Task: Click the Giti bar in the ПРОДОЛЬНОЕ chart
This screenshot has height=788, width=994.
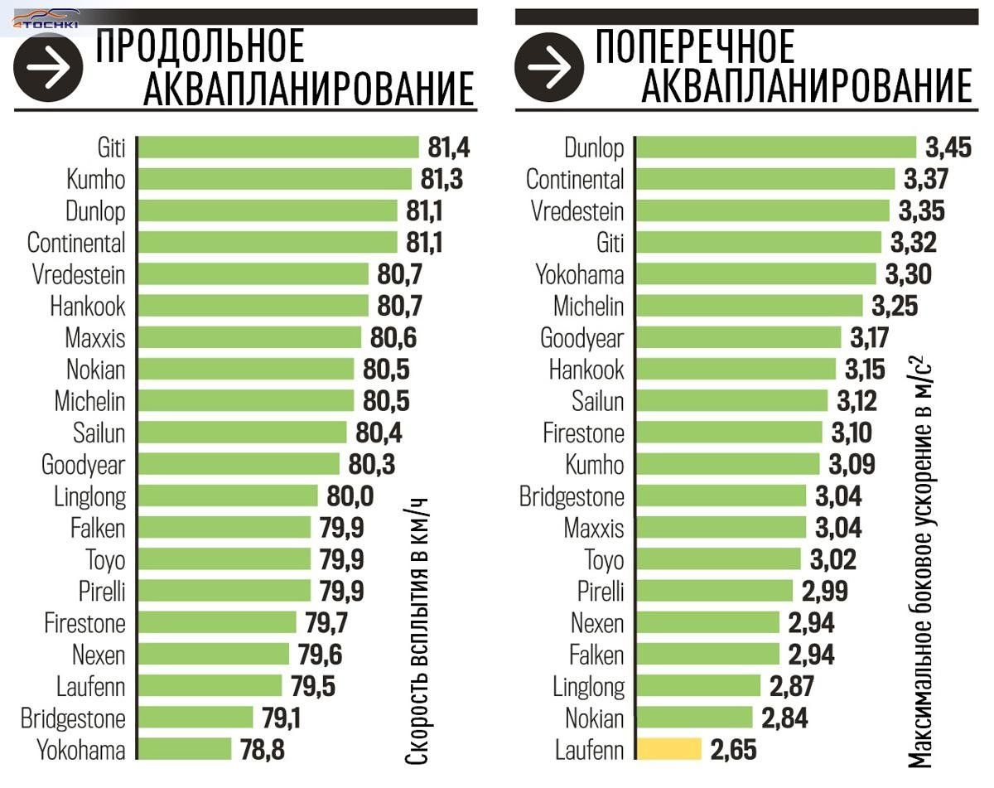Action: click(278, 147)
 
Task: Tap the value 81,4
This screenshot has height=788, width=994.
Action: click(449, 147)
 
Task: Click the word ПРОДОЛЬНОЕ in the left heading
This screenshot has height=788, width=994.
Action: click(200, 48)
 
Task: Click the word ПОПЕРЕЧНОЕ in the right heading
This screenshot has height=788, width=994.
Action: click(695, 48)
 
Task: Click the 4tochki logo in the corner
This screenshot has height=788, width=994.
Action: click(45, 20)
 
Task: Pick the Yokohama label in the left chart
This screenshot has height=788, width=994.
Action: click(81, 751)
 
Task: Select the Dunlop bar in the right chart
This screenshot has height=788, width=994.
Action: click(776, 148)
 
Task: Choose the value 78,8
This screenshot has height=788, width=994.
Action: click(262, 751)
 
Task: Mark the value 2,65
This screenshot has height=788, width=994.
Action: click(733, 751)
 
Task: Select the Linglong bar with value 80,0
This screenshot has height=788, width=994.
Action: click(228, 496)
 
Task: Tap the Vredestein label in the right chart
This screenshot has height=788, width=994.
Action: click(577, 210)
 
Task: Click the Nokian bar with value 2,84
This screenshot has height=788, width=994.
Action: click(694, 718)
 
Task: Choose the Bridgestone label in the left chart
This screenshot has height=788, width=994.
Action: click(73, 718)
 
